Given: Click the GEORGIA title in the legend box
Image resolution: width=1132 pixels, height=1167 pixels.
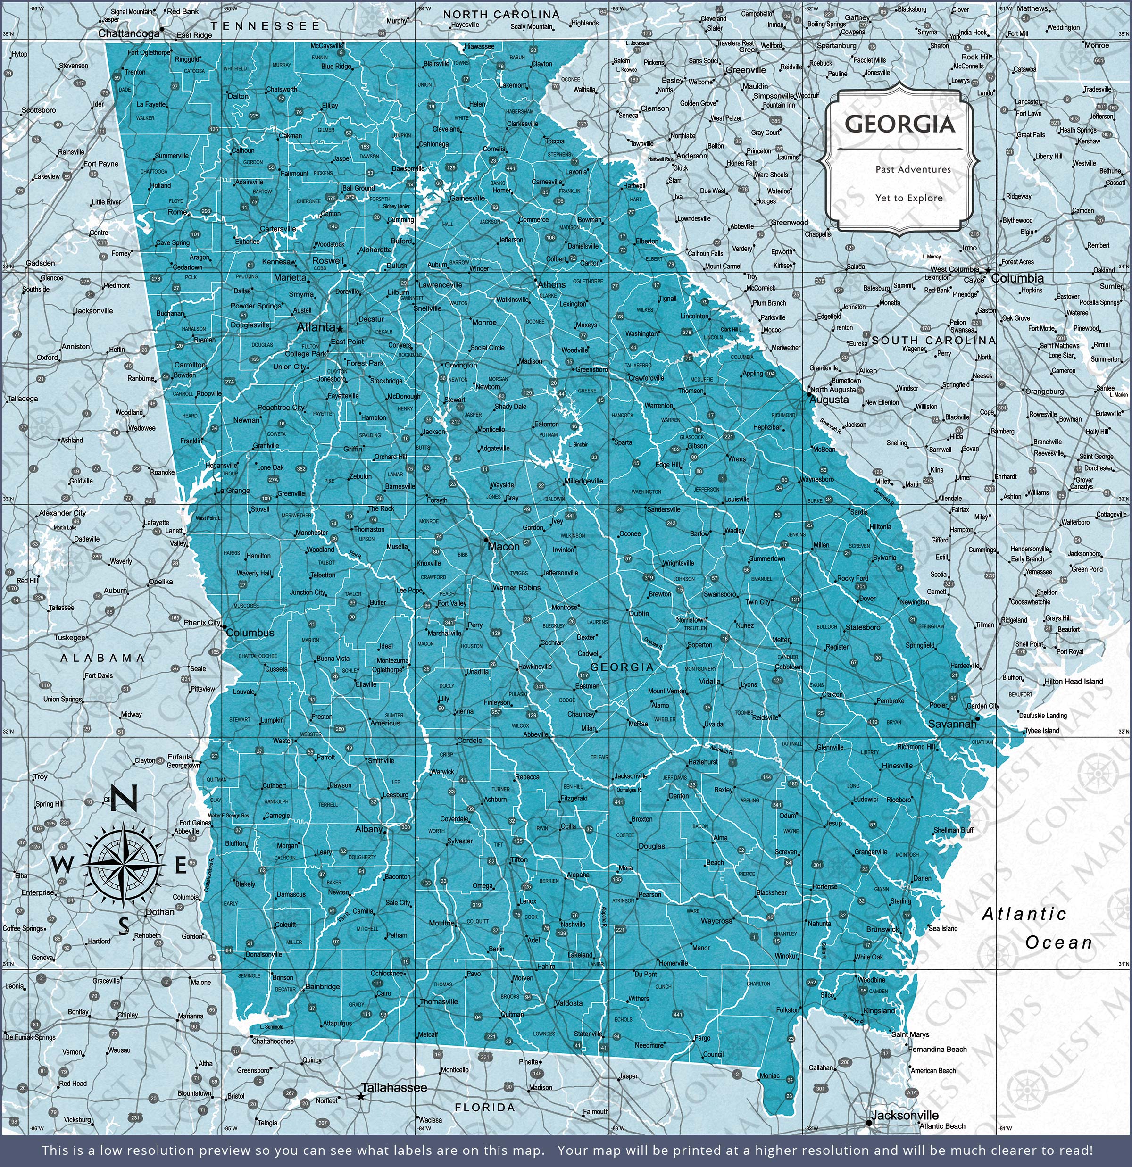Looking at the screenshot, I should (899, 125).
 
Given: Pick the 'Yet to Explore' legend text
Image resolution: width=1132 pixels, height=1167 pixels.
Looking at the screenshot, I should (909, 198).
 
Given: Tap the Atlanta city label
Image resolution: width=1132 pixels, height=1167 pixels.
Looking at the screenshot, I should (316, 327).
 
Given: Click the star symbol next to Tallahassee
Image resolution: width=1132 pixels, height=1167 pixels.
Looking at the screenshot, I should (361, 1096).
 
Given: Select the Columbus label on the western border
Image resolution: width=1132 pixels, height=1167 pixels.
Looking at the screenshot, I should (250, 633).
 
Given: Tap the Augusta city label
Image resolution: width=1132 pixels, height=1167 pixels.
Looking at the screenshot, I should (829, 400).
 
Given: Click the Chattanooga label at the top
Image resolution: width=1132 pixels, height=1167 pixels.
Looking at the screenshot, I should (129, 34).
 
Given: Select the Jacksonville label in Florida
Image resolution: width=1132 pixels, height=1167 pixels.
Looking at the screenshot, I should (905, 1116).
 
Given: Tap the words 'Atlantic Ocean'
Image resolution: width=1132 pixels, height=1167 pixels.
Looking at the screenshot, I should (1037, 928).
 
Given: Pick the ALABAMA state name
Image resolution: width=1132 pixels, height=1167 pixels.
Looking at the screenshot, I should (102, 658).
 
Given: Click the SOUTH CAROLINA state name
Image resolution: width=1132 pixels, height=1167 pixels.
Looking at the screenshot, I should (933, 341).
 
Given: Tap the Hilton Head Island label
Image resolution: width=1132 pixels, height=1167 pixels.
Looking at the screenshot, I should (1073, 681).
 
